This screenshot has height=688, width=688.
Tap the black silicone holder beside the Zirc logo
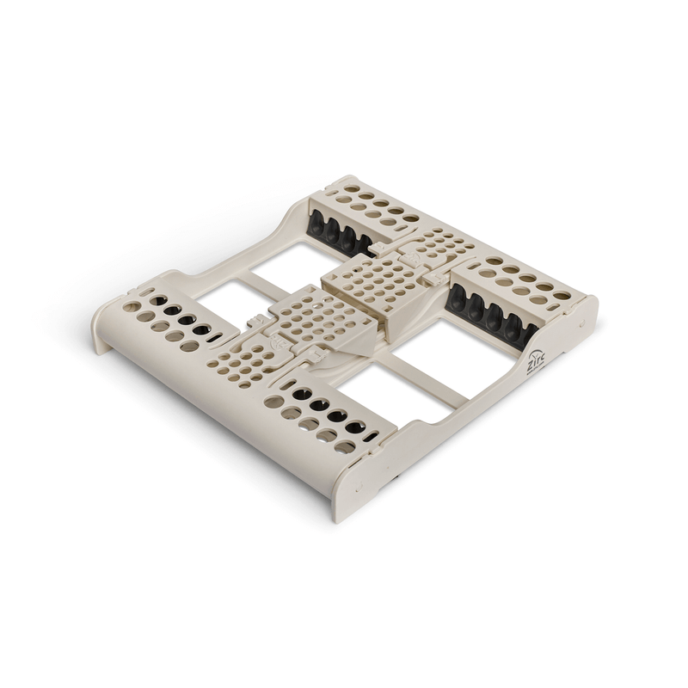click(x=491, y=311)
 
